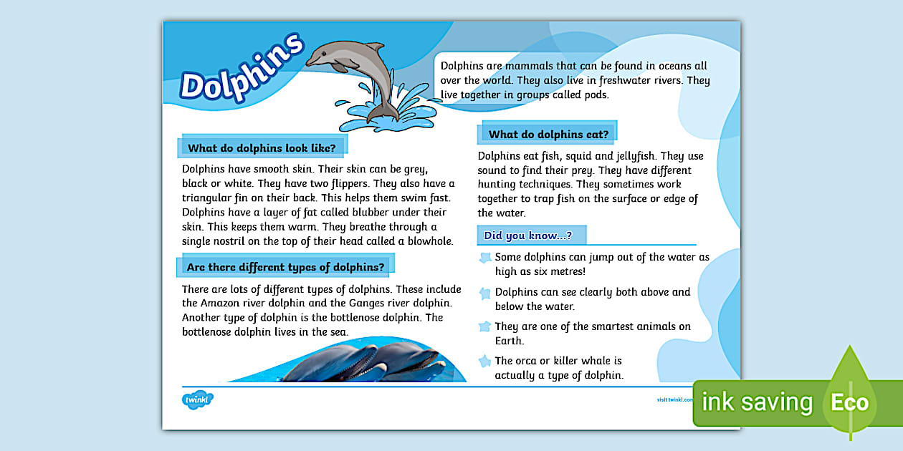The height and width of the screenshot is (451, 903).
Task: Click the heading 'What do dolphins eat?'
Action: (x=548, y=134)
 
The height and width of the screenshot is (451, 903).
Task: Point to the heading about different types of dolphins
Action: (x=285, y=267)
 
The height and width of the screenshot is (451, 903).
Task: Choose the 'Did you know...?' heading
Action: (x=527, y=235)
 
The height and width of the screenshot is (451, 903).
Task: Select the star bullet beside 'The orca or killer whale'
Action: (x=485, y=362)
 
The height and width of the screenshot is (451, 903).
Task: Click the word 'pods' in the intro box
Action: (x=596, y=94)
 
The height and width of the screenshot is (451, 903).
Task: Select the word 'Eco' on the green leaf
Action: (x=849, y=402)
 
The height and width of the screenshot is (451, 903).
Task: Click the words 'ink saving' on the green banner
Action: (x=757, y=402)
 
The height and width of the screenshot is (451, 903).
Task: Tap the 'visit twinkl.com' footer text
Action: (x=674, y=399)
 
